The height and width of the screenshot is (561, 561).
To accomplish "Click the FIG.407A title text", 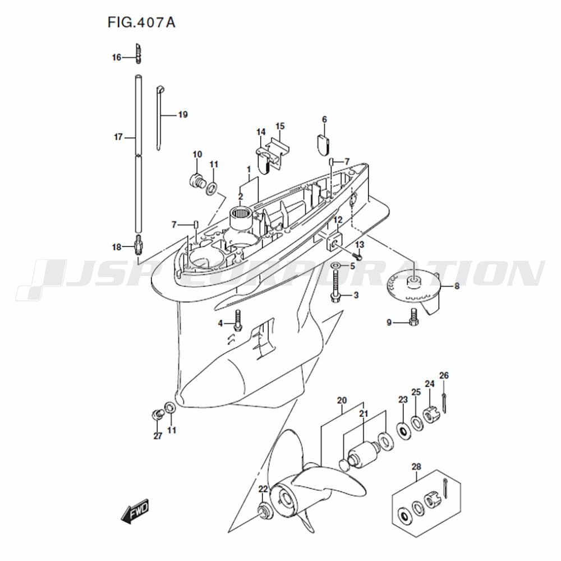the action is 141,22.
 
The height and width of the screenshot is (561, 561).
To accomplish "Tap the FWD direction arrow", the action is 135,511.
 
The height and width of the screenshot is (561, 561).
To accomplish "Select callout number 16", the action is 117,57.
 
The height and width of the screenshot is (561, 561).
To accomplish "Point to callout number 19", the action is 183,114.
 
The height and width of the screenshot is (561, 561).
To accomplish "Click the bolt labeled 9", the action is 414,317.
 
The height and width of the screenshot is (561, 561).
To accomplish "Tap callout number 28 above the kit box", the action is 416,467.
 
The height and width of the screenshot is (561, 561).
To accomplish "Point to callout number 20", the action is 342,400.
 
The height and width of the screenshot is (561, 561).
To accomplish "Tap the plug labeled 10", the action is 197,180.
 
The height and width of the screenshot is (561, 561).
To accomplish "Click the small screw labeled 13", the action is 357,255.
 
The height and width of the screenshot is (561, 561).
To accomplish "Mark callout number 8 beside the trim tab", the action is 457,286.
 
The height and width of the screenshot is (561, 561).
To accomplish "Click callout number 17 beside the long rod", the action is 118,137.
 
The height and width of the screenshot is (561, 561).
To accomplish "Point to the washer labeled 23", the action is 404,431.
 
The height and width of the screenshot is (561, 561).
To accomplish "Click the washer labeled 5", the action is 336,266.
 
